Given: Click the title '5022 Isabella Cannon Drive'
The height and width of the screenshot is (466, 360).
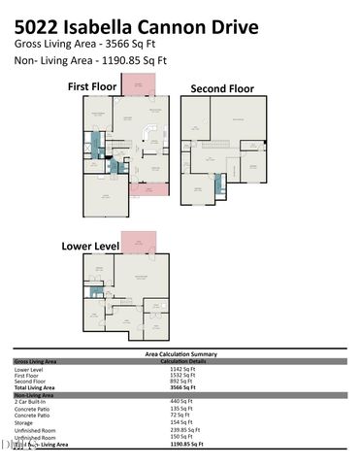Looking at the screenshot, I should [137, 27].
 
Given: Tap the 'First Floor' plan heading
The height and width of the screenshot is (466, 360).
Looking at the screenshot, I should [94, 86].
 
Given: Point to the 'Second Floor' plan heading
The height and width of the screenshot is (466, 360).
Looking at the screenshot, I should [221, 88].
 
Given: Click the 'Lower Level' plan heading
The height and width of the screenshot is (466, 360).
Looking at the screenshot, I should [90, 246].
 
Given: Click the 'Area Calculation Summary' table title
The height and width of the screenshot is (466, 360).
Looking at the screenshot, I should [180, 354].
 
